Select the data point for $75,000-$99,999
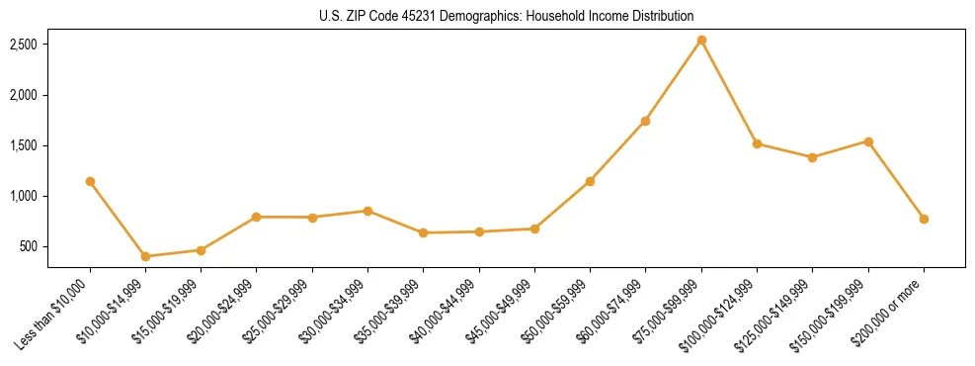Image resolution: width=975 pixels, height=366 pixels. (701, 41)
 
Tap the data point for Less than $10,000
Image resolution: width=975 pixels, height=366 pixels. (90, 181)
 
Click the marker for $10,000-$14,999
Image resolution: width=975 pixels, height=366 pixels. (145, 256)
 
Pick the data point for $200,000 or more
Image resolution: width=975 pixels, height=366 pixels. (924, 219)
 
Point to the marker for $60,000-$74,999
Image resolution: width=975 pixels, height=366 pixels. (645, 121)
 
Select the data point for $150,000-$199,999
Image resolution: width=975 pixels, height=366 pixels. (868, 141)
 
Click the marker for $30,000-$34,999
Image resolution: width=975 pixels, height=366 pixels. (367, 211)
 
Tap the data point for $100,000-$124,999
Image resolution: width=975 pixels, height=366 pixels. (757, 143)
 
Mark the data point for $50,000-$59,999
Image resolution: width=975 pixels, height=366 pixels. (590, 181)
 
